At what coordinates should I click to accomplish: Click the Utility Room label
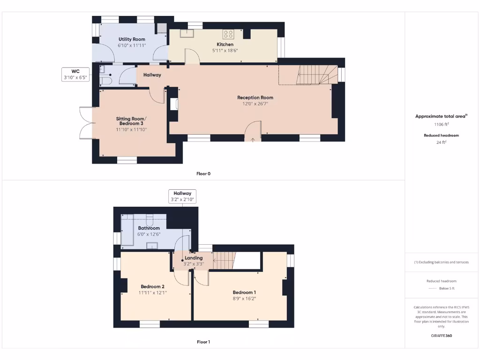pos(132,39)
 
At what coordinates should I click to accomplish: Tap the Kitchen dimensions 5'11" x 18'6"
pos(225,51)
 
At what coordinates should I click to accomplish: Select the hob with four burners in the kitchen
pos(229,34)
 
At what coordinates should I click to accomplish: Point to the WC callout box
pos(75,75)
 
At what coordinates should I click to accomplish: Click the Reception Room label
pos(255,97)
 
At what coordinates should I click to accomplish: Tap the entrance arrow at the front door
pos(253,139)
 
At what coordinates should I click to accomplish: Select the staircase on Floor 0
pos(318,75)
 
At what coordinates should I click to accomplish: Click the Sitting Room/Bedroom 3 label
pos(131,121)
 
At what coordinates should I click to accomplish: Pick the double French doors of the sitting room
pos(86,123)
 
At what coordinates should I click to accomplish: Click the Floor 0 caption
pos(203,173)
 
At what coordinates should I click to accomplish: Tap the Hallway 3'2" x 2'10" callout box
pos(182,196)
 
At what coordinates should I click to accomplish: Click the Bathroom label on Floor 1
pos(149,228)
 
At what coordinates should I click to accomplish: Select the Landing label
pos(194,258)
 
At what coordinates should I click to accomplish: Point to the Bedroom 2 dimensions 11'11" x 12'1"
pos(152,292)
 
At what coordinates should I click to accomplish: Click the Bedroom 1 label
pos(244,292)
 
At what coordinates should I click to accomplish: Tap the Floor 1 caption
pos(203,342)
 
